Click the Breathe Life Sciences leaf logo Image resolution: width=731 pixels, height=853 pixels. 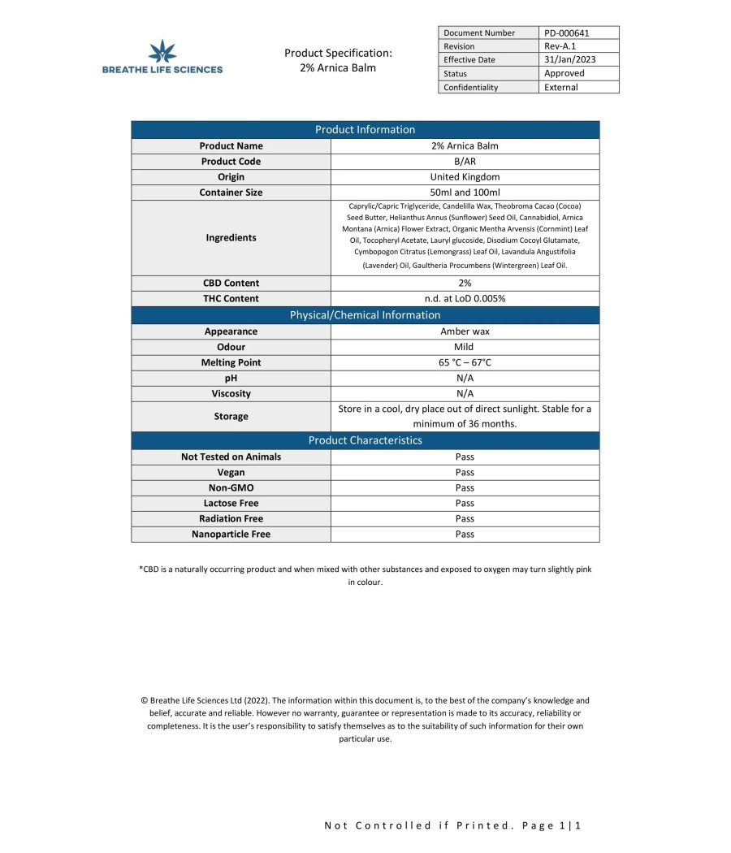pos(163,51)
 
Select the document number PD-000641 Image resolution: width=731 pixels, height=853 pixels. pos(566,33)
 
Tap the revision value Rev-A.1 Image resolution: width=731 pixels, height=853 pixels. pos(560,46)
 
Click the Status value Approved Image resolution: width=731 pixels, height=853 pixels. pos(564,73)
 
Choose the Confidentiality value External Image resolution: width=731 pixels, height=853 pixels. pos(561,87)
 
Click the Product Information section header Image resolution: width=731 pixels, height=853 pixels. pos(365,130)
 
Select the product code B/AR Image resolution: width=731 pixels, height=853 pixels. pos(465,162)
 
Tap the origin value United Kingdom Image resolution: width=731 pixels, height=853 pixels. pos(465,177)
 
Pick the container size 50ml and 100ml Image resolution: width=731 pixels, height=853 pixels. pos(465,193)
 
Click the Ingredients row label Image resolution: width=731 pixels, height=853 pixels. pos(231,238)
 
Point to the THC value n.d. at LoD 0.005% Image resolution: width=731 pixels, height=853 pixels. pos(465,299)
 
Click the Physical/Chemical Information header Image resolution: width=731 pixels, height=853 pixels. pos(365,315)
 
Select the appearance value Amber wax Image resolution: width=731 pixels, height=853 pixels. pos(465,331)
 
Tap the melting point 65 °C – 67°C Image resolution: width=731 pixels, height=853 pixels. pos(465,362)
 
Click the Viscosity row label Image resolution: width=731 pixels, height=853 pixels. pos(231,394)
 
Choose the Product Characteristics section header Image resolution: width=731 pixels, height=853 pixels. pos(365,440)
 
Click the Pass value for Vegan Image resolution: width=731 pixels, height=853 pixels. pos(465,473)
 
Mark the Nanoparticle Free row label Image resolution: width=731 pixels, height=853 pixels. pos(231,535)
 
